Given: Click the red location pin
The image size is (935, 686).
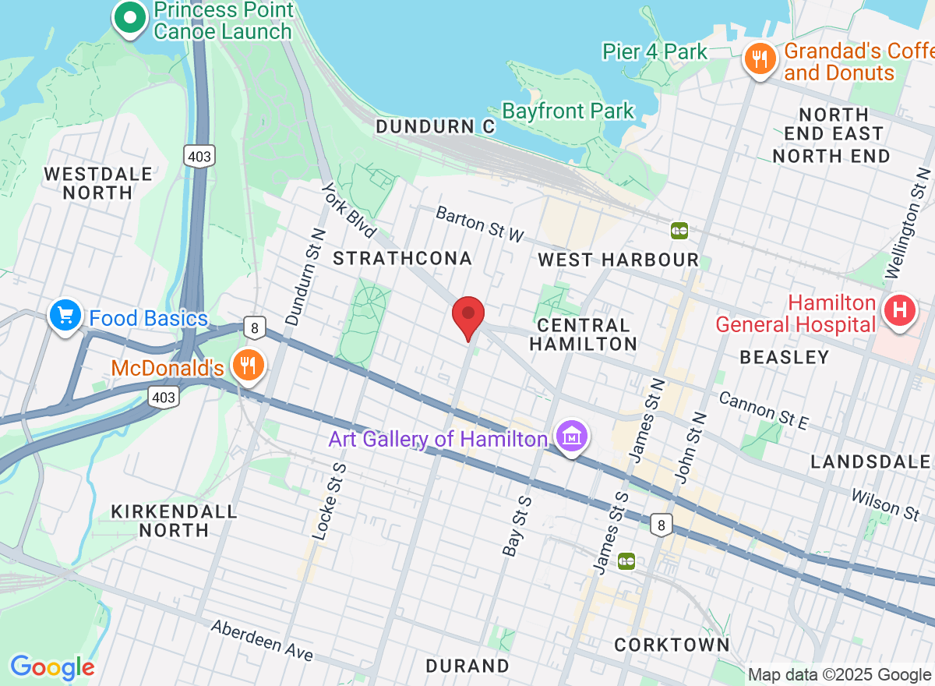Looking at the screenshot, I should pos(468,316).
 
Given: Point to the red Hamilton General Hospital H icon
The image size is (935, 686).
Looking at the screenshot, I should pos(899,311).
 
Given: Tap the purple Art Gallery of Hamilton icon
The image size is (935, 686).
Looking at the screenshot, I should pos(573,437).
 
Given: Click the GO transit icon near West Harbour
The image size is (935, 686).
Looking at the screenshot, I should pos(679,230).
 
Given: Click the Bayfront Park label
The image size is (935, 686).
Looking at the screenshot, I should pos(568,111).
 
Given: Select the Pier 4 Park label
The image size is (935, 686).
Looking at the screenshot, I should pos(654,52).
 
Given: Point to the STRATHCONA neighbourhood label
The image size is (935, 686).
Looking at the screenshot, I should pos(402,259).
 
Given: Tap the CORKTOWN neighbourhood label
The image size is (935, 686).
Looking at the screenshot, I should pos(672,645).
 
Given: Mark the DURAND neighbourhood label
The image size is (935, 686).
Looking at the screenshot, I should pos(467,666).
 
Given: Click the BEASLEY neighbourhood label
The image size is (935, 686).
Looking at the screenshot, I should pos(784,357).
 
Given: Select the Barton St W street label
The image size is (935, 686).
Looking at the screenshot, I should pos(480,224).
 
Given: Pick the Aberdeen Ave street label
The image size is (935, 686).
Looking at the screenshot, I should pos(262,640).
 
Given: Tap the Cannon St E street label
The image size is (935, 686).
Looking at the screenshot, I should pos(764,411).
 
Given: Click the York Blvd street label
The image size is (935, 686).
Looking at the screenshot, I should pos(349,210).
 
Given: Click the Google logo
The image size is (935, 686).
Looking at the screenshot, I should pos(51,667).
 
